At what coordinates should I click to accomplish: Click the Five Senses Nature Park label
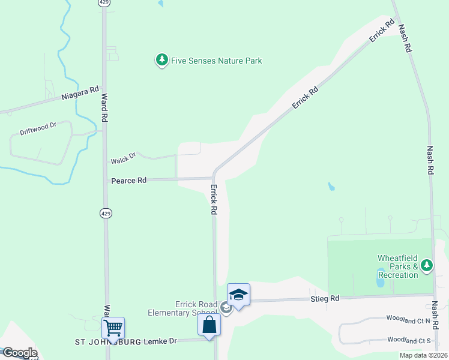point(216,61)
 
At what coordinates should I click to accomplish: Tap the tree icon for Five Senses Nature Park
point(161,60)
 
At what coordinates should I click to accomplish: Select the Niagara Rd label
point(80,94)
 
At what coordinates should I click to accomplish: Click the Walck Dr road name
point(124,158)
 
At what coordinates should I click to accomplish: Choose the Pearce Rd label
point(128,180)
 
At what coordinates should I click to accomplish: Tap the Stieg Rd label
point(325,298)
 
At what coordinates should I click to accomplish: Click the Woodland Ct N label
point(408,320)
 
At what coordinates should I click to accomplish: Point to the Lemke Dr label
point(160,341)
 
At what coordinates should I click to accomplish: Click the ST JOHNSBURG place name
point(108,342)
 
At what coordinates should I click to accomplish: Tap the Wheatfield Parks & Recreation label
point(397,266)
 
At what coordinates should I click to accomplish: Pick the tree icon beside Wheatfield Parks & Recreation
point(427,265)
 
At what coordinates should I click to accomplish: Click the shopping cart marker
point(113,328)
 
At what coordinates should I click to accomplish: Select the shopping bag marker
point(209,325)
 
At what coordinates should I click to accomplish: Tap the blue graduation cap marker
point(238,294)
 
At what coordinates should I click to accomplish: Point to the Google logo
point(19,353)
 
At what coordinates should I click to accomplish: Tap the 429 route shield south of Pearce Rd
point(104,213)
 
